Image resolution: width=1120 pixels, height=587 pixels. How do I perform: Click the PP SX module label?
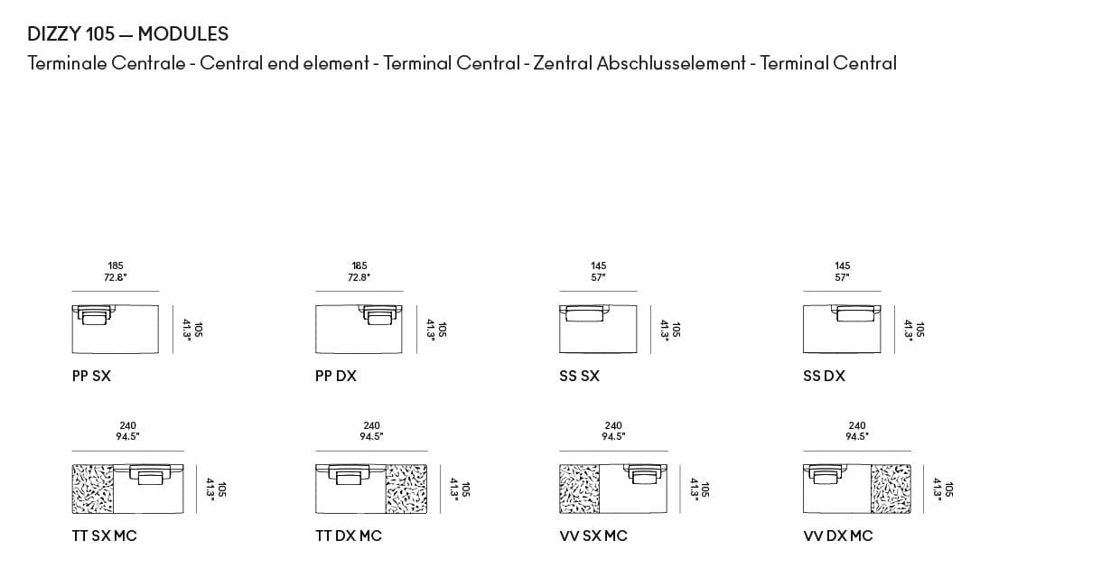pyautogui.click(x=91, y=376)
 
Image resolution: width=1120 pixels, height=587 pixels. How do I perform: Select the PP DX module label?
pyautogui.click(x=335, y=376)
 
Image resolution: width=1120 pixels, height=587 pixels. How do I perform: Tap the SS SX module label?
pyautogui.click(x=579, y=376)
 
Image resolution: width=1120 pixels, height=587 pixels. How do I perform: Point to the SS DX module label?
pyautogui.click(x=824, y=376)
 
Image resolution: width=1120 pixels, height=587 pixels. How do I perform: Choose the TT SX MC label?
pyautogui.click(x=104, y=536)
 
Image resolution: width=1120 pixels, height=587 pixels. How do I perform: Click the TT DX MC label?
pyautogui.click(x=348, y=536)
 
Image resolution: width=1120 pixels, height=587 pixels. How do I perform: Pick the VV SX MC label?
pyautogui.click(x=593, y=536)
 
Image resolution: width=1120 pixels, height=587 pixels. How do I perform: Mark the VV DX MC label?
pyautogui.click(x=837, y=536)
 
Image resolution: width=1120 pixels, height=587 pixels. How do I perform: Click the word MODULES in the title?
pyautogui.click(x=183, y=34)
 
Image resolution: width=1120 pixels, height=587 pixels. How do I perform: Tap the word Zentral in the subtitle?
pyautogui.click(x=563, y=63)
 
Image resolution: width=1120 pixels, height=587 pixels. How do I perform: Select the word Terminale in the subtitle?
pyautogui.click(x=67, y=63)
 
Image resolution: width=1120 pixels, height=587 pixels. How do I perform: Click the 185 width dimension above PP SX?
pyautogui.click(x=116, y=266)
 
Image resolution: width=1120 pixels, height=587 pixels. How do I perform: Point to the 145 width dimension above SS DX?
pyautogui.click(x=842, y=266)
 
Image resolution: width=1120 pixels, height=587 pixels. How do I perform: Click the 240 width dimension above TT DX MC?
pyautogui.click(x=371, y=425)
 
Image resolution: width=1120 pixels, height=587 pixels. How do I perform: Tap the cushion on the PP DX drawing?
pyautogui.click(x=380, y=313)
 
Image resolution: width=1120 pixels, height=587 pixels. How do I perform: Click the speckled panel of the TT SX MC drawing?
pyautogui.click(x=92, y=489)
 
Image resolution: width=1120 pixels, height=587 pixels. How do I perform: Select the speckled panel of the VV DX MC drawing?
pyautogui.click(x=891, y=489)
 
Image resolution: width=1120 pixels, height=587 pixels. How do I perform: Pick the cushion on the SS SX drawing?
pyautogui.click(x=586, y=312)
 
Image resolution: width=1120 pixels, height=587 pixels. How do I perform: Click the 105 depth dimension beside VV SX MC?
pyautogui.click(x=705, y=489)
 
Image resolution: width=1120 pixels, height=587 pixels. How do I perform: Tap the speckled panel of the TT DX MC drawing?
pyautogui.click(x=406, y=489)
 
